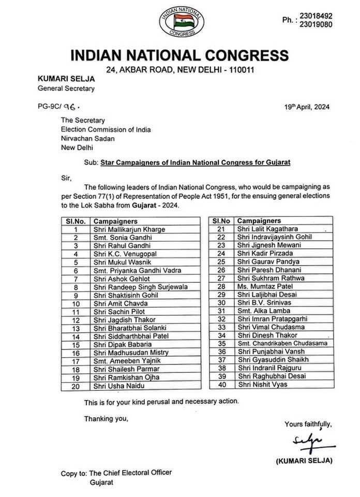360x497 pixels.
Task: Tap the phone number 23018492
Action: pos(318,16)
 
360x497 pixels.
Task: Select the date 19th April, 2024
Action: pos(307,107)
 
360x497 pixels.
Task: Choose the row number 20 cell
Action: pos(76,386)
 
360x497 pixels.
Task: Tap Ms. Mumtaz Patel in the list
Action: pos(261,286)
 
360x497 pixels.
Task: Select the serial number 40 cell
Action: pos(222,385)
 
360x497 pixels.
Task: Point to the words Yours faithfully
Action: pos(308,425)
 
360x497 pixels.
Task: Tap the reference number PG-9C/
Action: pos(50,108)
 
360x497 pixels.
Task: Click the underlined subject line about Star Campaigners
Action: pos(196,162)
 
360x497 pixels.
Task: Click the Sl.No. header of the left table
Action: pos(76,221)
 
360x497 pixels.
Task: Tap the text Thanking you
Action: pos(106,418)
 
